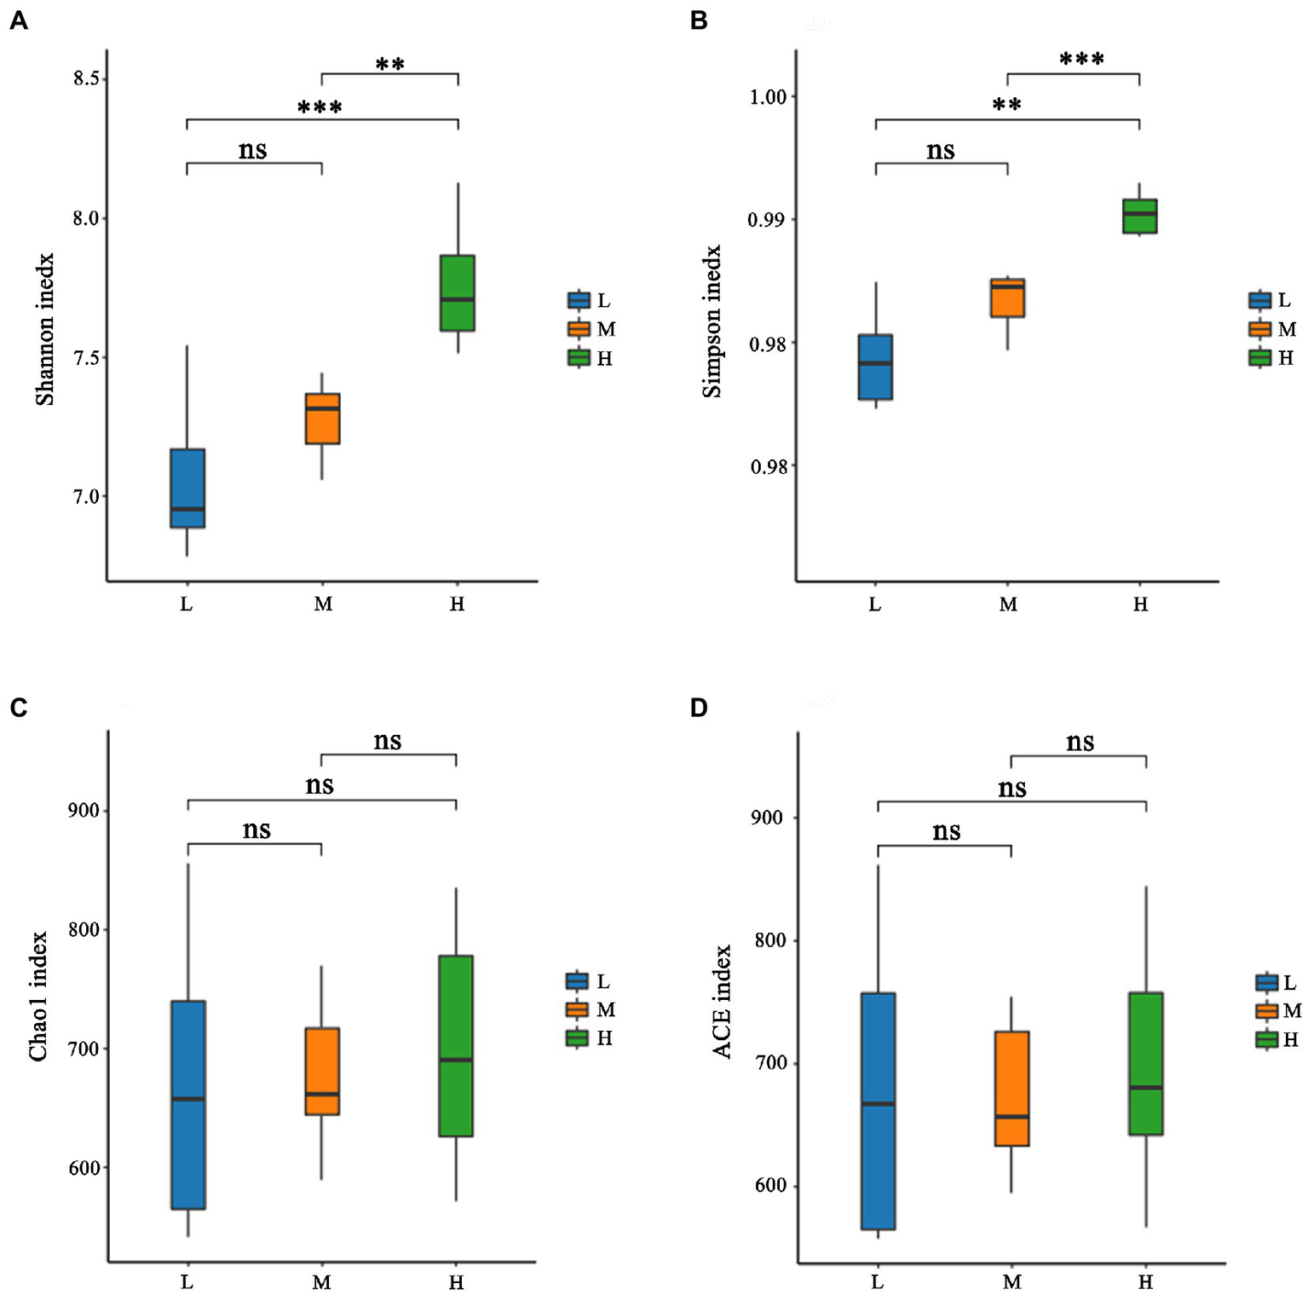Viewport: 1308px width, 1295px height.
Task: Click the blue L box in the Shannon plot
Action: coord(187,488)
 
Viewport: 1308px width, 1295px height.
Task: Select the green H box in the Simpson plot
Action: coord(1139,216)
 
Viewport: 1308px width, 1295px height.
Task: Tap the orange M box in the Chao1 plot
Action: coord(322,1071)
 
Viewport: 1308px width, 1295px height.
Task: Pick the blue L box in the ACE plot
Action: coord(878,1110)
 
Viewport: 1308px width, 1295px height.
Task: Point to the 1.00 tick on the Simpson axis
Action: coord(767,97)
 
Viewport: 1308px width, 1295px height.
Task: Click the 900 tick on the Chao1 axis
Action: coord(84,811)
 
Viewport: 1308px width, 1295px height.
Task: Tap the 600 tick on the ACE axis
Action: coord(771,1186)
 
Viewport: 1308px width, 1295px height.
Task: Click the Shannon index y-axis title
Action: coord(44,329)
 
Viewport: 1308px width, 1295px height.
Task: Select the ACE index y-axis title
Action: coord(723,1002)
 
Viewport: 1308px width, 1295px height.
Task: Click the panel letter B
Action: coord(699,21)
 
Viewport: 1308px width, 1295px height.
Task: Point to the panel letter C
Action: coord(18,708)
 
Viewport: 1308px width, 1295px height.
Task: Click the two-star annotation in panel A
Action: coord(390,64)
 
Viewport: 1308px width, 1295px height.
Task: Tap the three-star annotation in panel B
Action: coord(1081,59)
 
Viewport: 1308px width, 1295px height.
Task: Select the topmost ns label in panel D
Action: coord(1080,742)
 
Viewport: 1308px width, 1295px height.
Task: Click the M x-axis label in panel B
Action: coord(1008,604)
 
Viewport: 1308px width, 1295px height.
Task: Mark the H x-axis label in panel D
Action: coord(1145,1281)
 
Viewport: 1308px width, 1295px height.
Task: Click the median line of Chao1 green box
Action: coord(456,1060)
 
